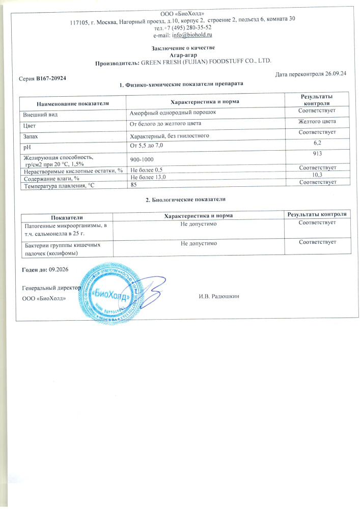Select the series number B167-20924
[x=51, y=78]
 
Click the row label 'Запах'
[x=29, y=136]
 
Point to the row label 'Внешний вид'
[x=38, y=114]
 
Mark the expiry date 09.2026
[x=59, y=268]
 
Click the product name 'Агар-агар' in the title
[x=183, y=55]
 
